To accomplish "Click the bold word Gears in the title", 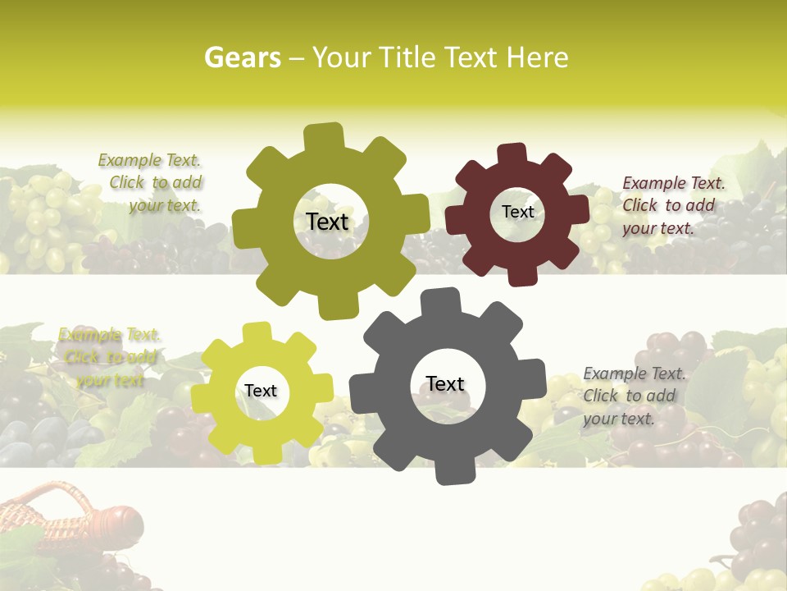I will (242, 57).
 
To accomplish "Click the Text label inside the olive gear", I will (327, 222).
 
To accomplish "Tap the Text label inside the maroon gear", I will (517, 212).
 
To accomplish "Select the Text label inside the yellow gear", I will (261, 391).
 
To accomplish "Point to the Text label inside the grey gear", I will (445, 383).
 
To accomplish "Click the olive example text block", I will (151, 183).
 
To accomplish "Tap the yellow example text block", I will (109, 357).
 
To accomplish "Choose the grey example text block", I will (631, 396).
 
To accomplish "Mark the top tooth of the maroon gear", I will (512, 154).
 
